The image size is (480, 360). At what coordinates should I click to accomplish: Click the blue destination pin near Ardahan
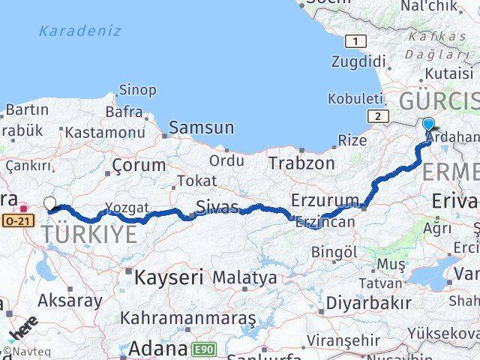coord(428,125)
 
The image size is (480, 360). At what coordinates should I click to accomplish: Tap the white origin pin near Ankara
coord(49,203)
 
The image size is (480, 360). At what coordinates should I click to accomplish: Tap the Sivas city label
coord(217,207)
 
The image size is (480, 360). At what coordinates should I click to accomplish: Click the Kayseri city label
coord(169,277)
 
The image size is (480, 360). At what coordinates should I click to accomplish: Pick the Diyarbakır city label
coord(373,302)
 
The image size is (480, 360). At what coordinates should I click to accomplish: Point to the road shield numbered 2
coord(378,115)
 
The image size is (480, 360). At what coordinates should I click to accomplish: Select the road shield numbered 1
coord(356,41)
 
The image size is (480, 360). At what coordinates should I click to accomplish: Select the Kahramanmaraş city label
coord(188,319)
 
